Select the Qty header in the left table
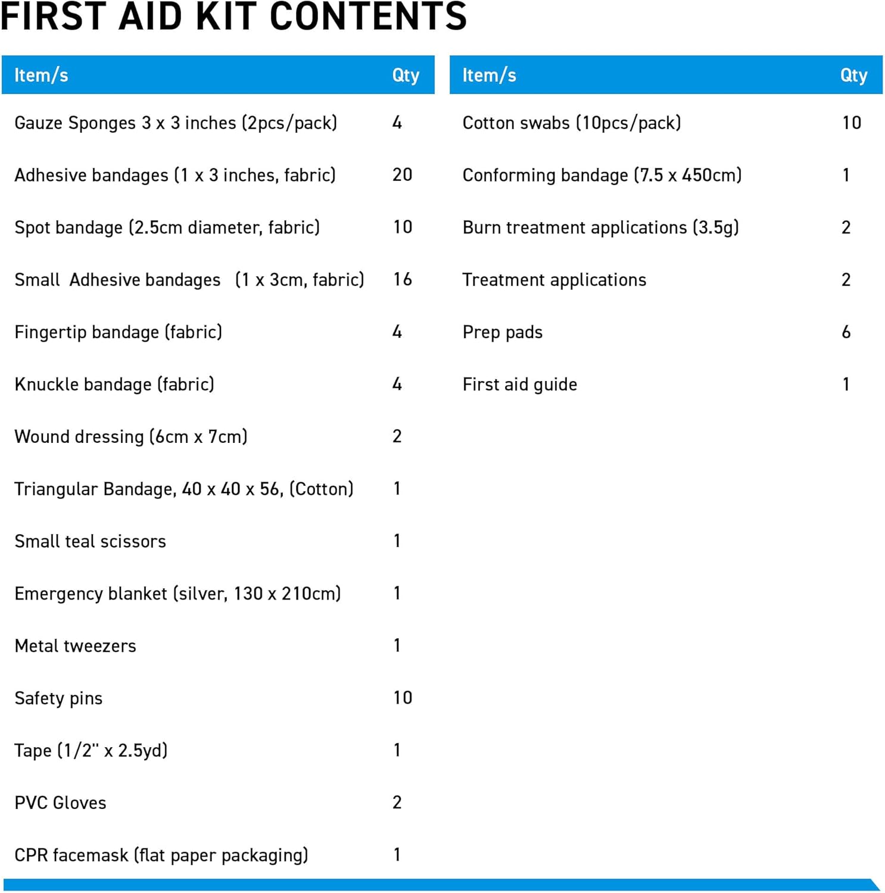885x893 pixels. [x=406, y=75]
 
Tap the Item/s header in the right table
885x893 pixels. [x=489, y=75]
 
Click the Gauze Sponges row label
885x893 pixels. [x=176, y=123]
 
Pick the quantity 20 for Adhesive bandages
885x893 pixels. [x=402, y=174]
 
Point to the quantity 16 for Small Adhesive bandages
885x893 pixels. [x=402, y=279]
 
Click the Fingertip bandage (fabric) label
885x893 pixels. [x=118, y=332]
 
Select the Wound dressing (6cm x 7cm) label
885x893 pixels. [x=130, y=436]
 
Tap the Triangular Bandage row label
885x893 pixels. [x=183, y=489]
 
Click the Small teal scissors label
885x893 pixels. [x=90, y=541]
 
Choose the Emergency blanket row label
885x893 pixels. [x=177, y=594]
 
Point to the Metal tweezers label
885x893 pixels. [x=75, y=646]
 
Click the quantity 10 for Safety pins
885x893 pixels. [x=402, y=698]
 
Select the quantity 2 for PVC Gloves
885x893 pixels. [x=397, y=802]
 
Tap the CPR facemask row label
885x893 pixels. [x=161, y=855]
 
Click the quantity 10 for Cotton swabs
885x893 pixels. [x=851, y=123]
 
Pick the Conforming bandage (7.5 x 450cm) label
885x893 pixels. [x=602, y=175]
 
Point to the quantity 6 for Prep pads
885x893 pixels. [x=846, y=332]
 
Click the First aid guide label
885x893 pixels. [x=519, y=384]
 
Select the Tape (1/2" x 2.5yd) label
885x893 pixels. [x=91, y=750]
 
